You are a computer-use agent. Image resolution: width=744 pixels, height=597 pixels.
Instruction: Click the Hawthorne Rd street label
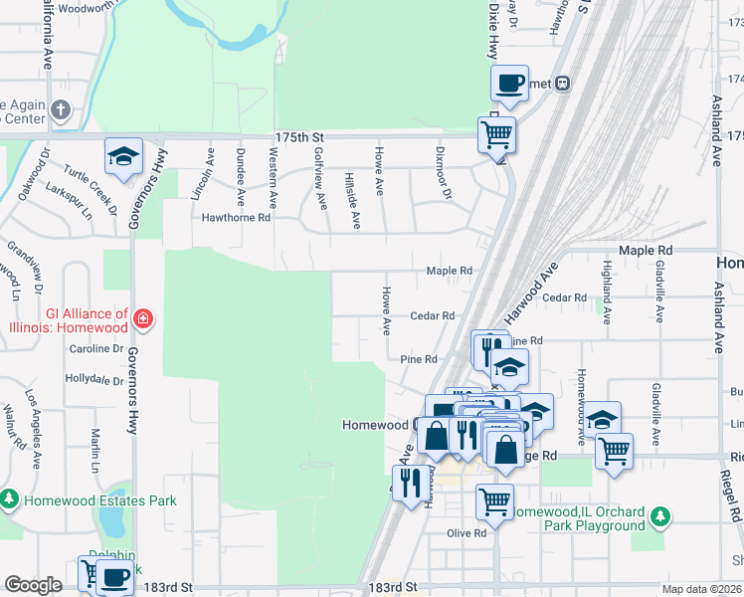pyautogui.click(x=237, y=217)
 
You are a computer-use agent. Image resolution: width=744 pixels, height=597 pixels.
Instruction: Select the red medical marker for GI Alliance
pyautogui.click(x=144, y=319)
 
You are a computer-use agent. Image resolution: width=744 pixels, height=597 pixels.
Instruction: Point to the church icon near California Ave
pyautogui.click(x=61, y=109)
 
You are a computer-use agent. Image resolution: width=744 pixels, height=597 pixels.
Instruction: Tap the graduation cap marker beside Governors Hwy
pyautogui.click(x=124, y=157)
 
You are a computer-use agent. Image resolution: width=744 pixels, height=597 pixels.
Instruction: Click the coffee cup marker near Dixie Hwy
pyautogui.click(x=510, y=84)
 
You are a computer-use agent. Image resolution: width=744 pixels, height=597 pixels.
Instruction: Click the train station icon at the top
pyautogui.click(x=562, y=84)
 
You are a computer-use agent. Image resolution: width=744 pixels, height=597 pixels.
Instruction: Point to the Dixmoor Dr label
pyautogui.click(x=444, y=172)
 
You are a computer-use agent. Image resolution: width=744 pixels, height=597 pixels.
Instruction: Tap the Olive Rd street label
pyautogui.click(x=465, y=533)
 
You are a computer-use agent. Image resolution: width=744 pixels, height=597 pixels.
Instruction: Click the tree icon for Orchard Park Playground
pyautogui.click(x=657, y=517)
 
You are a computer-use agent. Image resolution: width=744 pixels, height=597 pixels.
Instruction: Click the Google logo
pyautogui.click(x=33, y=584)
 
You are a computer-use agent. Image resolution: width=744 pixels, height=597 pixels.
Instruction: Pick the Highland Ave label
pyautogui.click(x=606, y=282)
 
